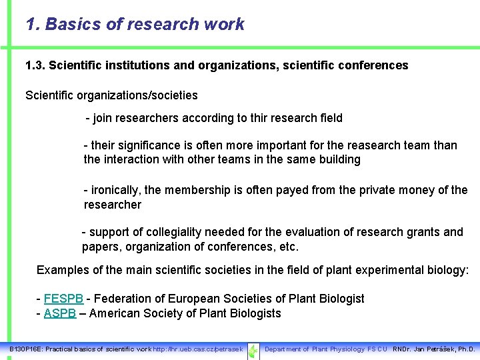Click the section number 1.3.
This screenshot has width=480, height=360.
coord(35,65)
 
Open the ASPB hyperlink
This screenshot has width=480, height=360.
coord(60,313)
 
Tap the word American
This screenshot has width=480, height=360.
coord(114,313)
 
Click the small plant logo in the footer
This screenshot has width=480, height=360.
coord(253,350)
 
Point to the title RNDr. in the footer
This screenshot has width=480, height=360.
coord(402,349)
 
